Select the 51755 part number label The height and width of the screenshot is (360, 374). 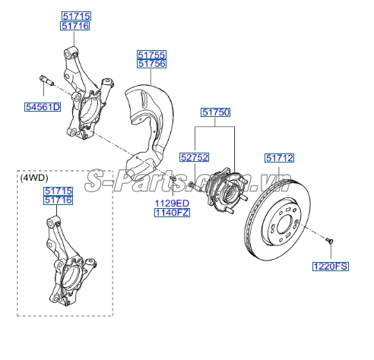(x=151, y=55)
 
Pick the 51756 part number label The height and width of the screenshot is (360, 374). (x=151, y=65)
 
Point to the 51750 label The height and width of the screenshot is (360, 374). (x=215, y=112)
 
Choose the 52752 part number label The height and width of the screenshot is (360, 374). (x=194, y=158)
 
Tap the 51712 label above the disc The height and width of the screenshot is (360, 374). (x=279, y=158)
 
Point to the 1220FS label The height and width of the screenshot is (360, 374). (x=329, y=266)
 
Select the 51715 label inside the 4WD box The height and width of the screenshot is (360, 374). (x=58, y=191)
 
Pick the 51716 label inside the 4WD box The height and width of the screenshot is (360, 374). (x=58, y=201)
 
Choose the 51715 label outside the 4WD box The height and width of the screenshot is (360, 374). (x=75, y=16)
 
